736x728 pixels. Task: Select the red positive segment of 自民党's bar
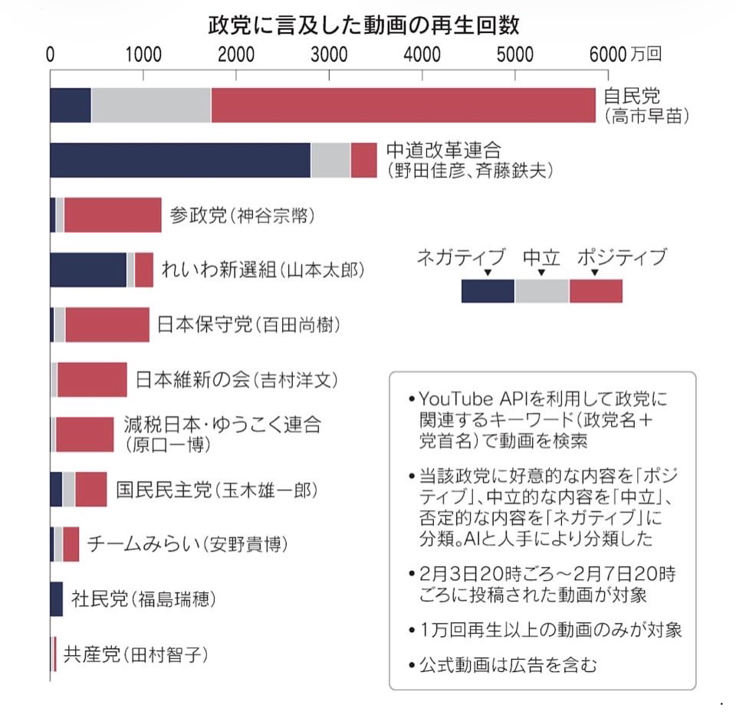(402, 105)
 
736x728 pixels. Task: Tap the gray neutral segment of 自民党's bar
(150, 105)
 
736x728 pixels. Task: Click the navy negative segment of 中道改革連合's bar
(179, 160)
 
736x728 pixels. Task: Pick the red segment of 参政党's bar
(113, 215)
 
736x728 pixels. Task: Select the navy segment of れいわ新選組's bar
(87, 270)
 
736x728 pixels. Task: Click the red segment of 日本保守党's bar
(107, 324)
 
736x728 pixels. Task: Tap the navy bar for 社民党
(56, 598)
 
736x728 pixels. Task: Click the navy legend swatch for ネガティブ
(488, 291)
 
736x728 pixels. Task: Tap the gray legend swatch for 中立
(541, 291)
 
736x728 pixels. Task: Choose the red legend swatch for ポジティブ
(596, 291)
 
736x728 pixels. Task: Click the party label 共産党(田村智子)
(136, 654)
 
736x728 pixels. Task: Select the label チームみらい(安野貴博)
(187, 544)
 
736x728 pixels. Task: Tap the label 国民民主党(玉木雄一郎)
(216, 489)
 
